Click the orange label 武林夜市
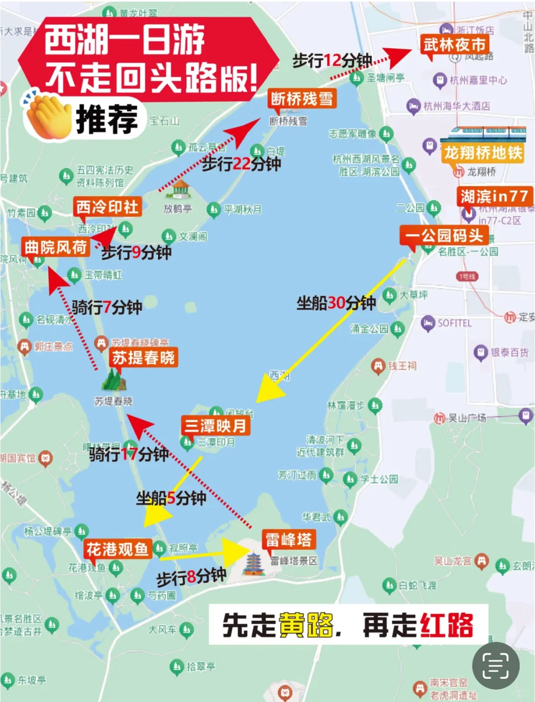click(454, 45)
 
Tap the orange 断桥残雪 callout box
click(302, 99)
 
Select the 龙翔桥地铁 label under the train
click(483, 153)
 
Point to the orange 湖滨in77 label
click(494, 196)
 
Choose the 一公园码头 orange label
click(444, 235)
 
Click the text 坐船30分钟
click(336, 303)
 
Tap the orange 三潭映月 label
click(215, 426)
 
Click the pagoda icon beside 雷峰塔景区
click(254, 564)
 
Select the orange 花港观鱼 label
click(117, 549)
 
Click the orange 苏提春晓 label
click(143, 357)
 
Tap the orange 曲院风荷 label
click(55, 247)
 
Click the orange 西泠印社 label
click(107, 207)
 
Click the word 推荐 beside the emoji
click(107, 119)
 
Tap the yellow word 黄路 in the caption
click(306, 625)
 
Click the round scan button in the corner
click(496, 666)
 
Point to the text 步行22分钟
click(241, 164)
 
